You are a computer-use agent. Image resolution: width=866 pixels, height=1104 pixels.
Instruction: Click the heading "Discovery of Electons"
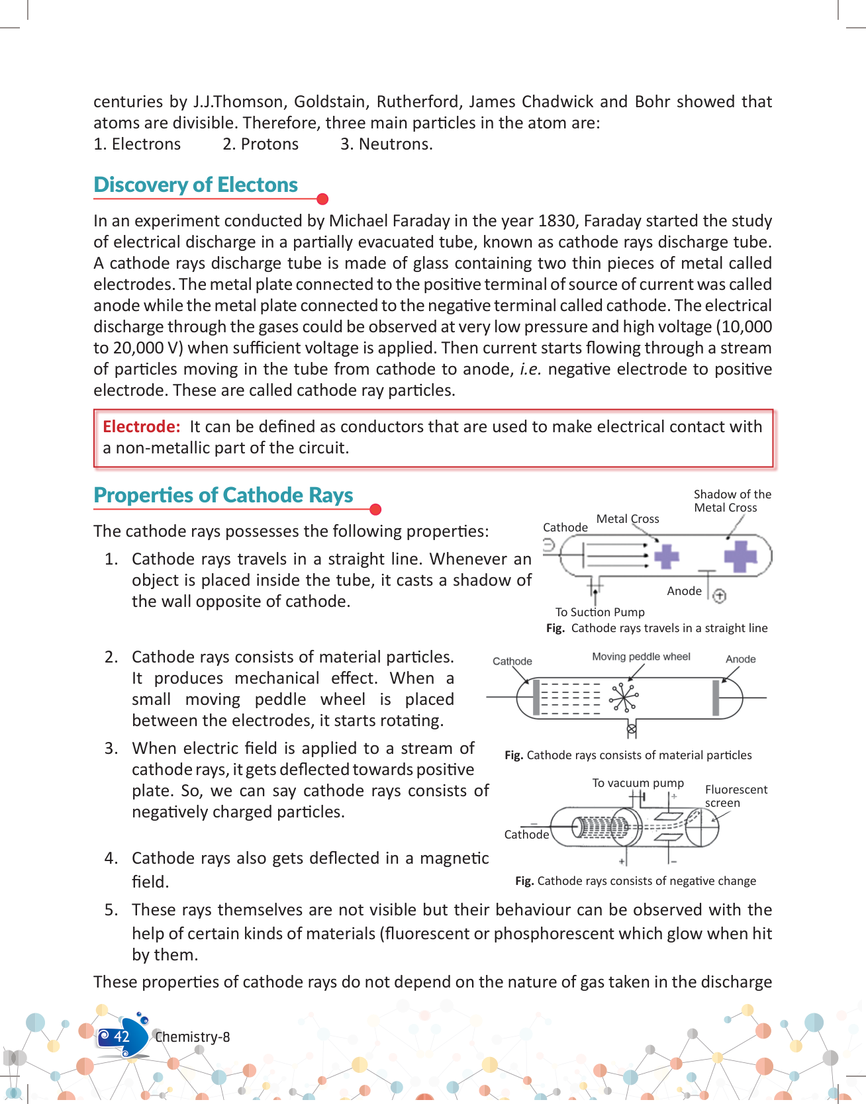coord(195,185)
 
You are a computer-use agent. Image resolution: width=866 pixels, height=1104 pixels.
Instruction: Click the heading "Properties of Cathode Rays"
coord(223,495)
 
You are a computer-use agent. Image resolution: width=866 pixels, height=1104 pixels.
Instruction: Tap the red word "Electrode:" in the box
coord(141,427)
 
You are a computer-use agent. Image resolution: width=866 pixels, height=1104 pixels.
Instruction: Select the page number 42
coord(122,1036)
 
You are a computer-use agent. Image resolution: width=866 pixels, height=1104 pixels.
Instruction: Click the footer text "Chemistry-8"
coord(192,1037)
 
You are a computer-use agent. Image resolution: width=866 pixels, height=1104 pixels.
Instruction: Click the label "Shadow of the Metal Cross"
coord(732,501)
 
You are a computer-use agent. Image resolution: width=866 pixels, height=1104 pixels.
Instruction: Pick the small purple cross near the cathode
coord(666,556)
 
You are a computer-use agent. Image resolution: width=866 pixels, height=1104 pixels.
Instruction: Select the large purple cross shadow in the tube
coord(740,556)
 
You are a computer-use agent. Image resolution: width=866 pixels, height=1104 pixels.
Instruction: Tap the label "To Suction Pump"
coord(599,612)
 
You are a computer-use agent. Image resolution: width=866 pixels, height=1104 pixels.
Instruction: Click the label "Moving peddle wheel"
coord(640,657)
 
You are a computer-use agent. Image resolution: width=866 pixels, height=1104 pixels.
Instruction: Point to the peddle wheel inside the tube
coord(624,697)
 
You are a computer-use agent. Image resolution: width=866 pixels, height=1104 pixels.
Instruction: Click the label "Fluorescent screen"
coord(736,796)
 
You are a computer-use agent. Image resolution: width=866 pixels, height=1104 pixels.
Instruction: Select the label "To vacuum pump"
coord(638,783)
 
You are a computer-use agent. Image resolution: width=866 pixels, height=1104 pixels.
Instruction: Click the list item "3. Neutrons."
coord(386,144)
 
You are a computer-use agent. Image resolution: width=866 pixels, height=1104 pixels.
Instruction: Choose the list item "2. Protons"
coord(260,144)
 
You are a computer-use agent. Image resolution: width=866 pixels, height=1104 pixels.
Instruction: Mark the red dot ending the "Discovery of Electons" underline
coord(322,199)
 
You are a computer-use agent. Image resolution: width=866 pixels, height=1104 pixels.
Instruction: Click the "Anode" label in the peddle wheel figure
coord(740,659)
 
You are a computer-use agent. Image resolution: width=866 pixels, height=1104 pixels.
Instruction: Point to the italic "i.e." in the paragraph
coord(530,369)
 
